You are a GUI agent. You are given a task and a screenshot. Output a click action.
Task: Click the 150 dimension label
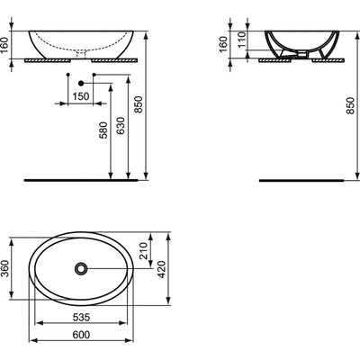81,95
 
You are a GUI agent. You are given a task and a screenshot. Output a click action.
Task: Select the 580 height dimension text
105,130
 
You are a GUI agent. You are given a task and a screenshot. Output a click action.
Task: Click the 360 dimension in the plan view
7,271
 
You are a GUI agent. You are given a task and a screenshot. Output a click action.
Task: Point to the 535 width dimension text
81,319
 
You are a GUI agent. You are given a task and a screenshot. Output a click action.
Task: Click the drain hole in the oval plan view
82,269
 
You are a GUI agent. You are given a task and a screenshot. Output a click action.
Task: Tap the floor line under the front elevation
81,177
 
